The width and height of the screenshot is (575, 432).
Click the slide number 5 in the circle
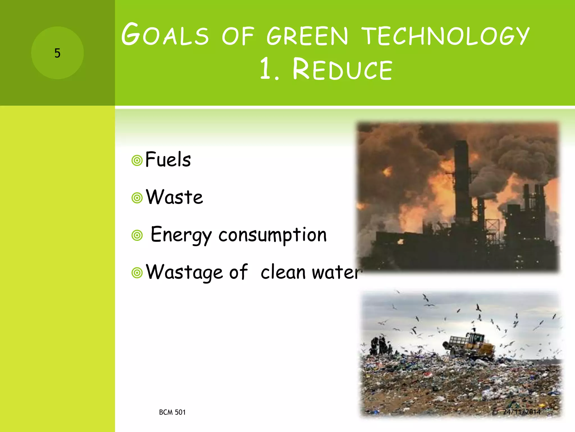click(x=57, y=53)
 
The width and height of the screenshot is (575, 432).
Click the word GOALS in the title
click(x=165, y=35)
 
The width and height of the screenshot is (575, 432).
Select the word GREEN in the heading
click(x=307, y=36)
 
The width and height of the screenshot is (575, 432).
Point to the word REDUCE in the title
click(x=342, y=69)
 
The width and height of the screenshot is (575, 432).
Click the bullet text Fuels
click(x=168, y=159)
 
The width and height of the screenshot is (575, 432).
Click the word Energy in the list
click(x=181, y=235)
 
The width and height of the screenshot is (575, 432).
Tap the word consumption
click(x=272, y=235)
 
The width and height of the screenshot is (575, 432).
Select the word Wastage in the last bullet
click(x=184, y=272)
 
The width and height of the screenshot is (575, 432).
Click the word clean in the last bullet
click(x=283, y=272)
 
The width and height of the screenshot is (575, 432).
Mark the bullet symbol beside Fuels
click(x=137, y=161)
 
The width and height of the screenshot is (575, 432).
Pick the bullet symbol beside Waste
click(x=137, y=198)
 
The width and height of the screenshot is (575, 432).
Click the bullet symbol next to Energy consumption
click(x=137, y=235)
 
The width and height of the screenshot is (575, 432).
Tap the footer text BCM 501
click(x=172, y=412)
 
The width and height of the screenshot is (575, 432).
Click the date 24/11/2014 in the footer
click(x=522, y=412)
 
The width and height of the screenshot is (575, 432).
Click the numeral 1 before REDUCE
click(x=266, y=69)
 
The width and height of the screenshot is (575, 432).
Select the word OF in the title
click(x=238, y=36)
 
